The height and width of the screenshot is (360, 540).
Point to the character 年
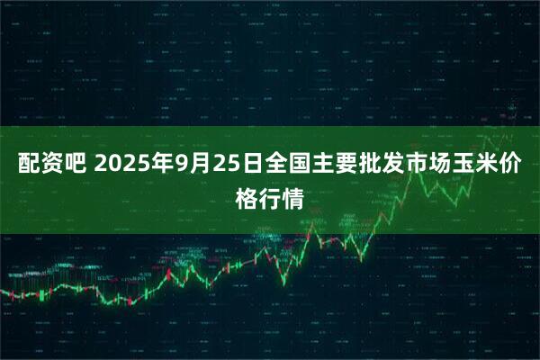(x=164, y=165)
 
